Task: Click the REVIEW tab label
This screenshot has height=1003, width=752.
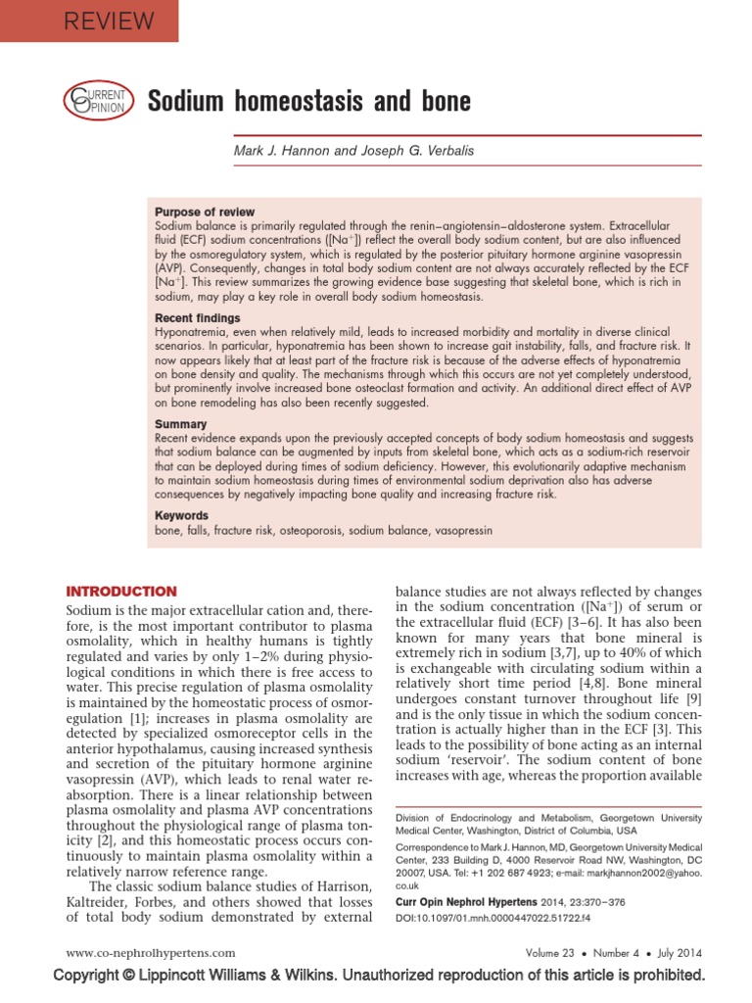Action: click(109, 21)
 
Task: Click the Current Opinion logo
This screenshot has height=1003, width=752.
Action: click(95, 100)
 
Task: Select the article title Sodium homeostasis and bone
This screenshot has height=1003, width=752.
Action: click(308, 101)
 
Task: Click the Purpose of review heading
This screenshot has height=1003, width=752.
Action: click(205, 213)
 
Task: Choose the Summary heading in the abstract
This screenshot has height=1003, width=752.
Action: click(181, 424)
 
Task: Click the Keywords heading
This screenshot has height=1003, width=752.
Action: click(182, 515)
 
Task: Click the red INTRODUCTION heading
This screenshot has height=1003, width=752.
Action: click(120, 592)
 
